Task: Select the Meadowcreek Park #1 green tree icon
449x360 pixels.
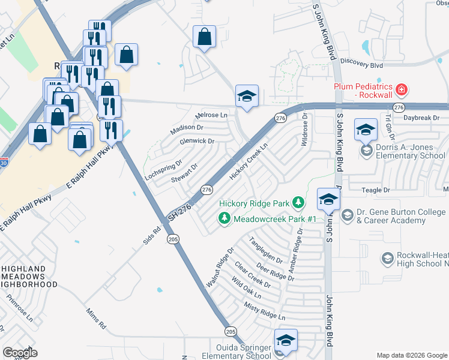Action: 224,218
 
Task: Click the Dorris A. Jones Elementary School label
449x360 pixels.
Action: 411,151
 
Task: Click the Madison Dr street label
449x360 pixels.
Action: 187,128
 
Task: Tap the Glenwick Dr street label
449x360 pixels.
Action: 197,141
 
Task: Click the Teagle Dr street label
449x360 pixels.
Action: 376,190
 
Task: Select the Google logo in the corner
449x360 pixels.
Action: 20,353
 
